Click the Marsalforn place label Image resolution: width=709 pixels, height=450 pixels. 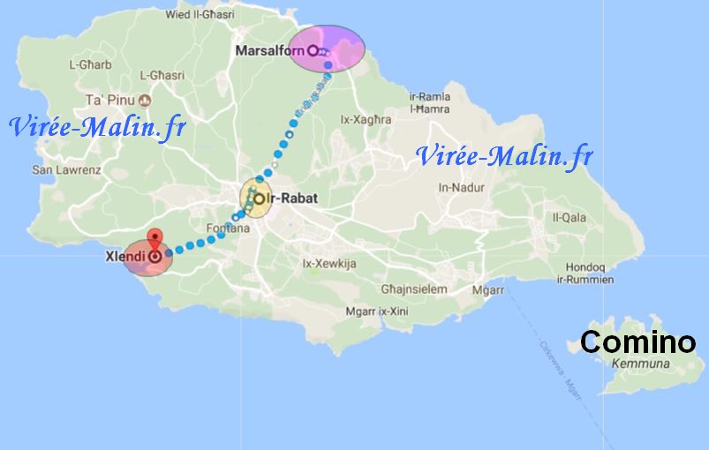pos(269,51)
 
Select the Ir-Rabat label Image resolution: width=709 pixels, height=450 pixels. pos(291,199)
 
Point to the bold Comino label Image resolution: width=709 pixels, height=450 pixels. pos(637,342)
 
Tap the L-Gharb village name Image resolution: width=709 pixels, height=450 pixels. pos(90,64)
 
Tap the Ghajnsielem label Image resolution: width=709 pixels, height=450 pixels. pos(414,289)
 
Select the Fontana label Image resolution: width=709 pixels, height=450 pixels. pos(228,229)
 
